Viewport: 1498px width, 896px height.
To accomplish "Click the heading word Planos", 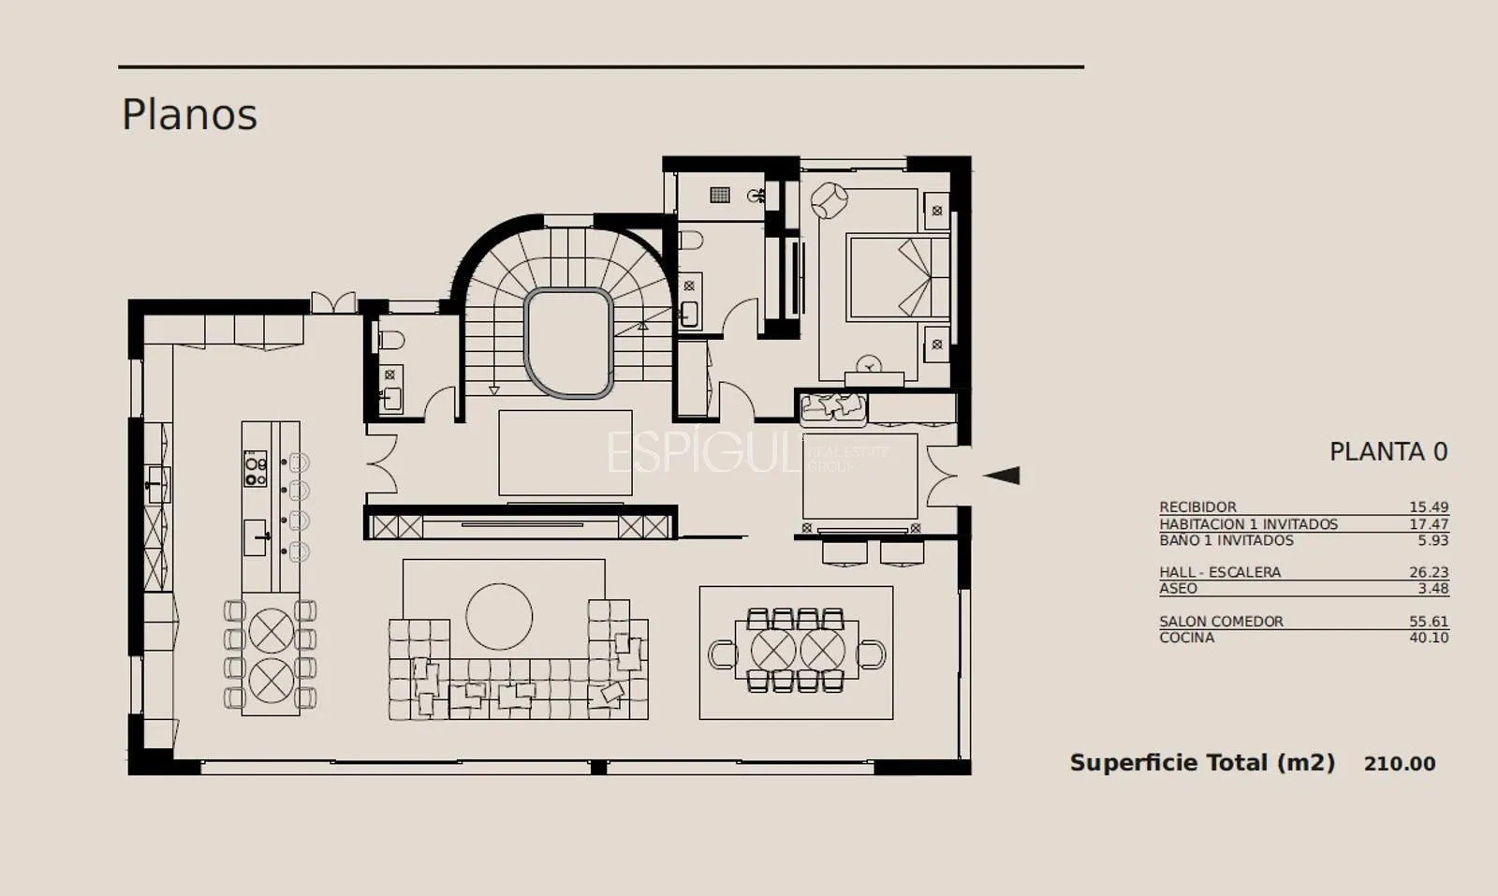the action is point(189,114).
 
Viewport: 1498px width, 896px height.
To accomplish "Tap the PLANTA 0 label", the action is point(1388,452).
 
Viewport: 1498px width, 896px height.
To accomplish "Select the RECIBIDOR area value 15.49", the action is point(1429,507).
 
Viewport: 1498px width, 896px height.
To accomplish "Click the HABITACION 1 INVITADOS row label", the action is point(1249,524).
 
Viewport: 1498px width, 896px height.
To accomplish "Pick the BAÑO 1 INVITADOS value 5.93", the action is point(1433,540).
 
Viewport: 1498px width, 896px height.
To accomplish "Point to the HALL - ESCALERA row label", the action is point(1220,572).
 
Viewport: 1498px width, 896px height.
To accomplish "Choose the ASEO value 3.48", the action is point(1433,588).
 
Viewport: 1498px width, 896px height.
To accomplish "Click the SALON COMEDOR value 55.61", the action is point(1429,621).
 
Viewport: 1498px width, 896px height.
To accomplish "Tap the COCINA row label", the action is point(1186,638).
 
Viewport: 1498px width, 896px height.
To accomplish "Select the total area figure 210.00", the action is point(1400,764).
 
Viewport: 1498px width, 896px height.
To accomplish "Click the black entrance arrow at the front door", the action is point(1001,476).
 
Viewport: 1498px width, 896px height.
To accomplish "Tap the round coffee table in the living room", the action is point(499,616).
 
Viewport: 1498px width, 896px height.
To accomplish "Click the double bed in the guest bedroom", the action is point(898,277).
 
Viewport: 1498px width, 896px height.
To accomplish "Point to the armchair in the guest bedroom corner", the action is point(830,200).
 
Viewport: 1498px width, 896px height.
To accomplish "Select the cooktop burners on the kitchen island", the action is point(255,468).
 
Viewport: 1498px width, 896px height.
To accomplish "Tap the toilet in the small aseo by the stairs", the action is point(392,341).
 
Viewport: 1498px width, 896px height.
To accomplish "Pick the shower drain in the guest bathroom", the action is point(720,195).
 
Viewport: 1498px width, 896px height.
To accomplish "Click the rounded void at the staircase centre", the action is point(569,343).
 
